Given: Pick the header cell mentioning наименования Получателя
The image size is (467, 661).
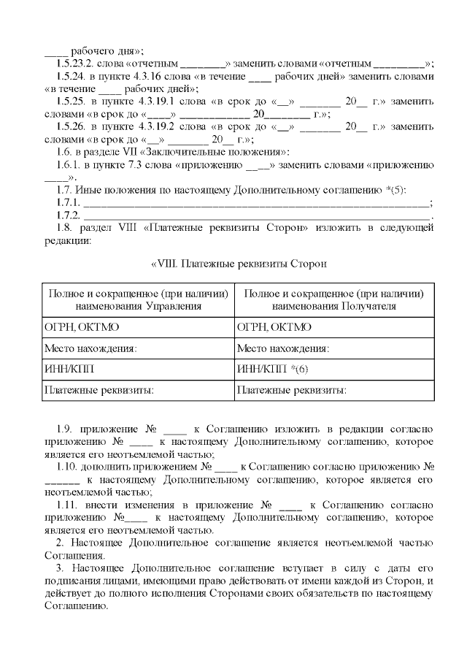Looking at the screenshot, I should point(333,299).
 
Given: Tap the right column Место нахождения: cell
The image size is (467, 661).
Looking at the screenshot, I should point(333,348).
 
